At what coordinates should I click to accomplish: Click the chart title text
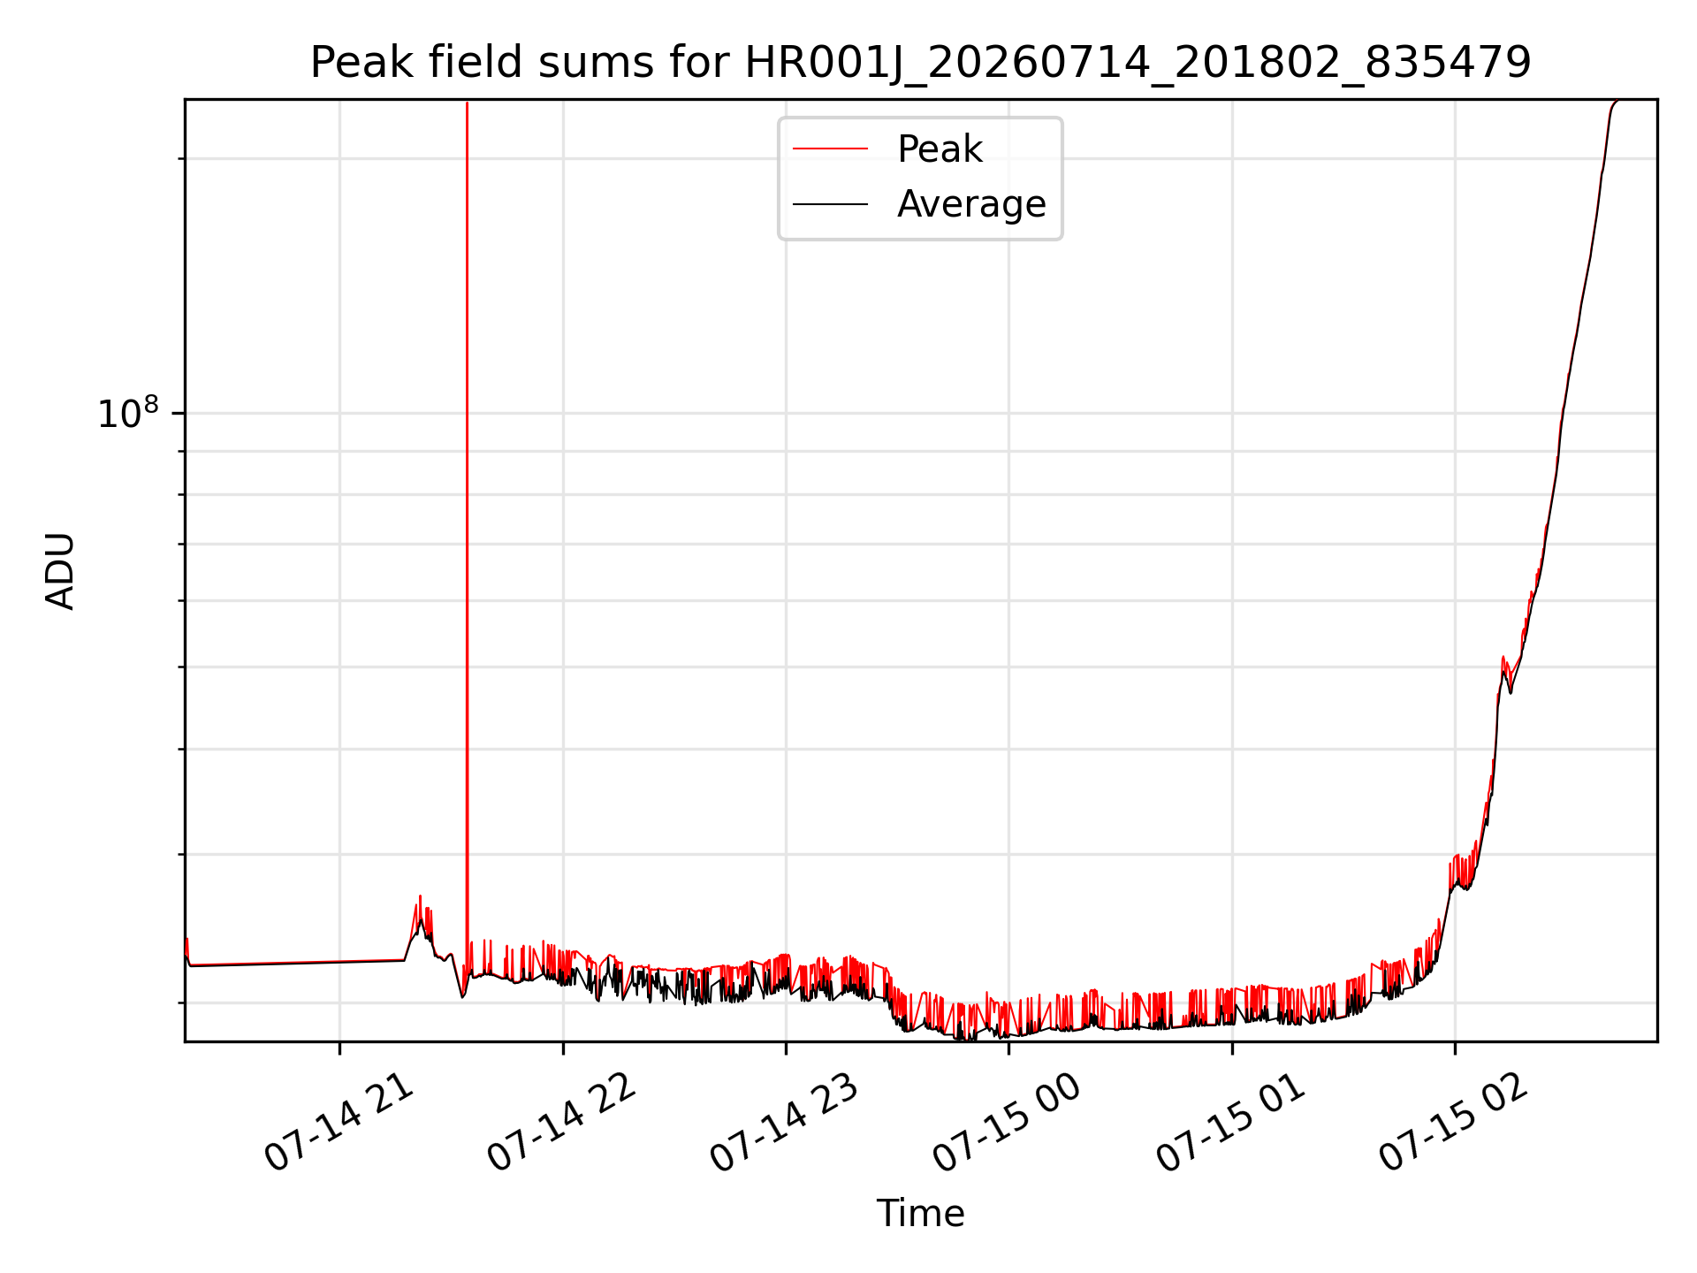[x=920, y=63]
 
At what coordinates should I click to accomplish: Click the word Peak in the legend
[x=940, y=149]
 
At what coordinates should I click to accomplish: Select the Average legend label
[x=971, y=204]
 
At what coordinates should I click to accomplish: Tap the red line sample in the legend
[x=830, y=149]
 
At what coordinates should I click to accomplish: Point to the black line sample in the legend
[x=830, y=204]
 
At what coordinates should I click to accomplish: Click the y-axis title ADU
[x=60, y=571]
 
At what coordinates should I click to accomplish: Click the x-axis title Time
[x=920, y=1214]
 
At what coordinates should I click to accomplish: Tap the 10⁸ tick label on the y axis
[x=128, y=413]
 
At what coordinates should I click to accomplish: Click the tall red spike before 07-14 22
[x=467, y=530]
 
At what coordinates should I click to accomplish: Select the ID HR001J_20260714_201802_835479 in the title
[x=1138, y=64]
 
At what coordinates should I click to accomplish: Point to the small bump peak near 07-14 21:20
[x=420, y=896]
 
